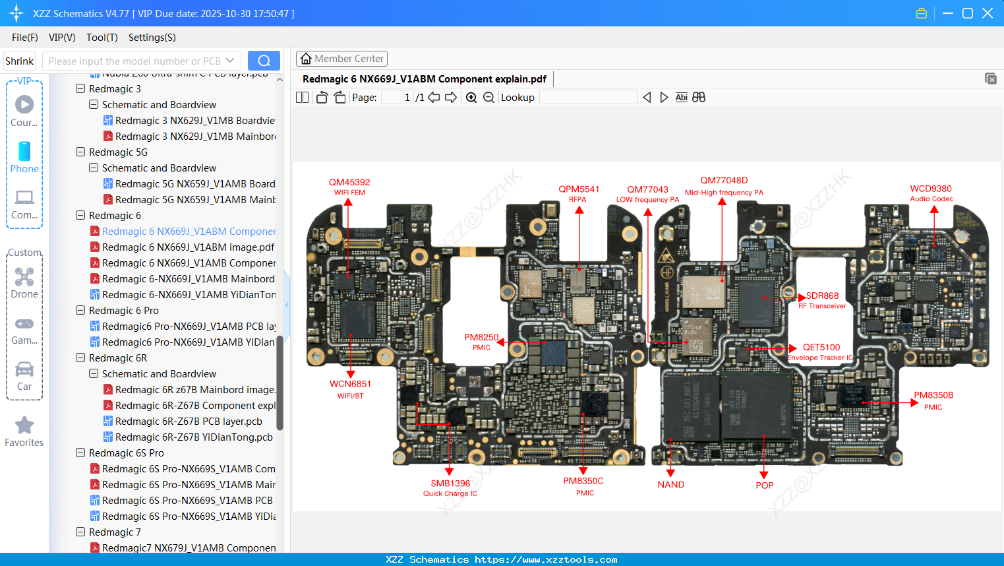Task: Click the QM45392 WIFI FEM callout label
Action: [349, 187]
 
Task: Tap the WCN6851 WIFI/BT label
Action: [350, 389]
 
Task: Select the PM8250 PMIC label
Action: [481, 342]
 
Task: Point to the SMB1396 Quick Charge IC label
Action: [450, 487]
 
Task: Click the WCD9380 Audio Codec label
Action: [931, 193]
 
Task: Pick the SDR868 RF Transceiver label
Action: [822, 300]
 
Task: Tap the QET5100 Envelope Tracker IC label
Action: [821, 352]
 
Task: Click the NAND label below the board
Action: [670, 484]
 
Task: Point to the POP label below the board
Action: [764, 485]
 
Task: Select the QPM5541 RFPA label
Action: [579, 193]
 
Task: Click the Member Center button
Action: [341, 59]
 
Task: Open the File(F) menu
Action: [25, 38]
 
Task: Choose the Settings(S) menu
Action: [152, 38]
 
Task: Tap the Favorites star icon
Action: [24, 425]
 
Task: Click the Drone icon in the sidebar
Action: [24, 277]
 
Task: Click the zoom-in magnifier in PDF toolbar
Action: [471, 98]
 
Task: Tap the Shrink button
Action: [20, 61]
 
